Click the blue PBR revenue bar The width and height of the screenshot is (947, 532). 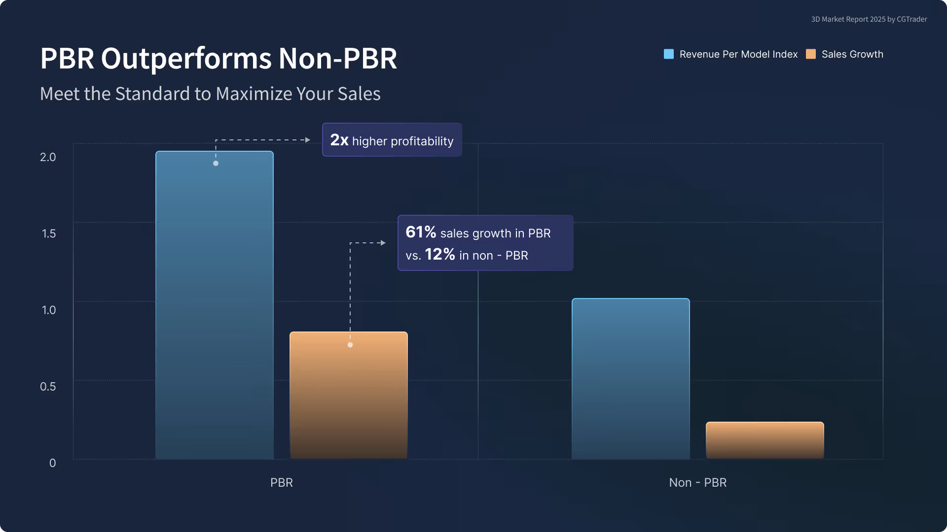tap(215, 305)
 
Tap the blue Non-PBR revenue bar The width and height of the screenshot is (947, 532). tap(630, 379)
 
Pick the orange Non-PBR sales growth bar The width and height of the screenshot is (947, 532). tap(765, 440)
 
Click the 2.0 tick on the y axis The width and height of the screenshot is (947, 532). tap(48, 157)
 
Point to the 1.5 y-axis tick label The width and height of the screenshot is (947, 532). tap(48, 233)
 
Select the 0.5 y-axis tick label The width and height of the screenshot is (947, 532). tap(48, 387)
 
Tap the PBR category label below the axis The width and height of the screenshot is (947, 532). tap(281, 483)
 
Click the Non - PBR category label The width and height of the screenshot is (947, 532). tap(697, 483)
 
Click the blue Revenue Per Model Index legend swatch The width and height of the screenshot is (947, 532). tap(668, 54)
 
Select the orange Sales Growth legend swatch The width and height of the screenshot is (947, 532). tap(810, 54)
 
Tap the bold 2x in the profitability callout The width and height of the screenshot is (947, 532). tap(339, 140)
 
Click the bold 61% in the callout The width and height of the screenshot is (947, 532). tap(420, 232)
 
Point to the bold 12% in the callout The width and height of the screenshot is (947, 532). tap(439, 254)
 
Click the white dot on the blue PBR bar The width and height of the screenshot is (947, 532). tap(216, 163)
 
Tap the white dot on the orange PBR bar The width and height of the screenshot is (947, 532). tap(350, 345)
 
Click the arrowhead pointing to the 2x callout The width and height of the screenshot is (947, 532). tap(308, 140)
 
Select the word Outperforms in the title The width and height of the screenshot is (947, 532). tap(186, 59)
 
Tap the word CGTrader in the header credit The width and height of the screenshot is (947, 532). tap(911, 19)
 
